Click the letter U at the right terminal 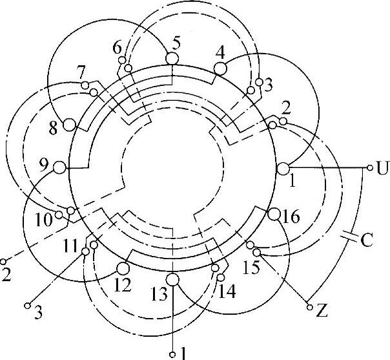coord(382,170)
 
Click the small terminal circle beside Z coord(309,306)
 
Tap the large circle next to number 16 coord(274,214)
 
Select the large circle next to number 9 coord(59,167)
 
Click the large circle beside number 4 coord(220,67)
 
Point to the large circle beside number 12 coord(123,268)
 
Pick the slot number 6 coord(117,48)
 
